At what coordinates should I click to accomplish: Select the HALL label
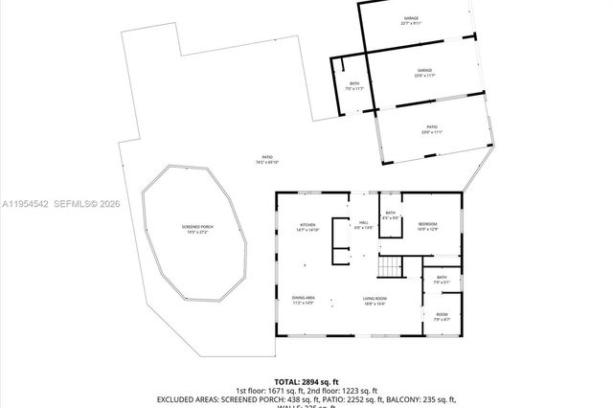coord(364,225)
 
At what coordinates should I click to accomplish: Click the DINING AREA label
coord(304,301)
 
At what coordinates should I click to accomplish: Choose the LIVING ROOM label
coord(374,301)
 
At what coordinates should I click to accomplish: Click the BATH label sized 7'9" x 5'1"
coord(442,279)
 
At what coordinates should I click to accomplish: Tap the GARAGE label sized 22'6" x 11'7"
coord(424,72)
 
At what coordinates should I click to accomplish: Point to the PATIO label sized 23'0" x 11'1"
coord(432,127)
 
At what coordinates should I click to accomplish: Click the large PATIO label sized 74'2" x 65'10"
coord(268,159)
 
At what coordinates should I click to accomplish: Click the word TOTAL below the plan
coord(290,381)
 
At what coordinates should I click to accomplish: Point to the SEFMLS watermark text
coord(73,203)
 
